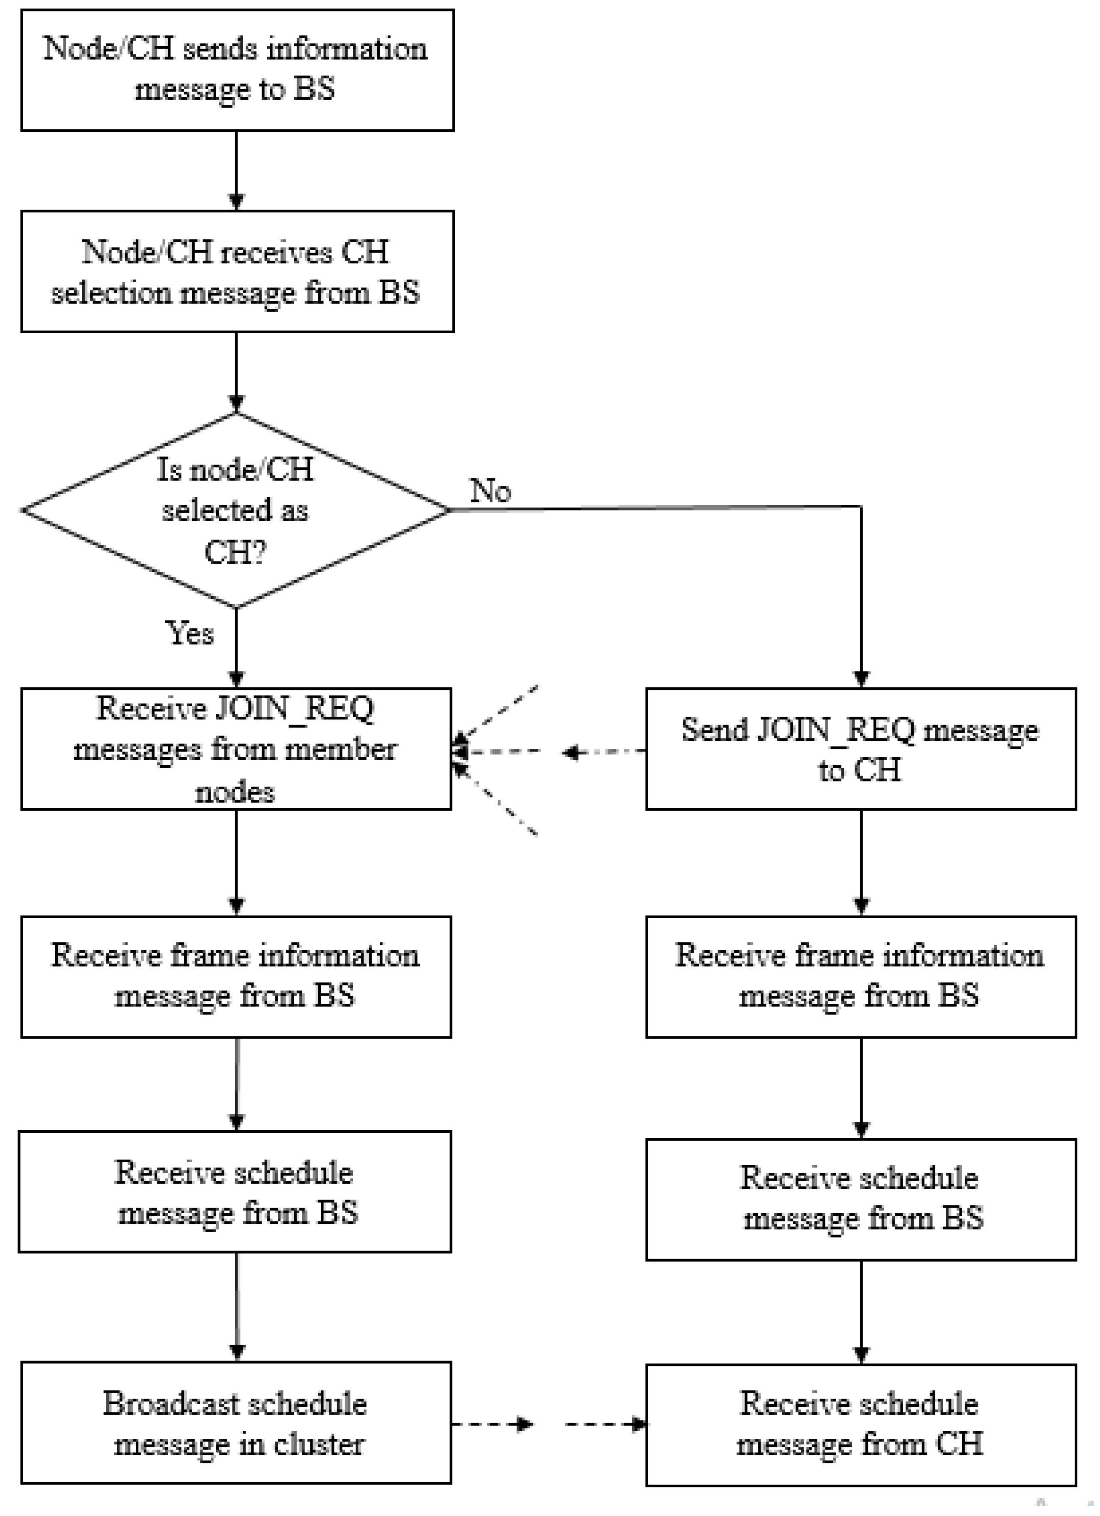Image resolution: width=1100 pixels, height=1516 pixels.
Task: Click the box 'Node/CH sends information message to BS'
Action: pyautogui.click(x=237, y=70)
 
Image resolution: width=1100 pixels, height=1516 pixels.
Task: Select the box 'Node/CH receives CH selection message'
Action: pyautogui.click(x=237, y=272)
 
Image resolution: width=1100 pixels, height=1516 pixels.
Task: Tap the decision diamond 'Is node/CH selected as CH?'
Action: pyautogui.click(x=235, y=510)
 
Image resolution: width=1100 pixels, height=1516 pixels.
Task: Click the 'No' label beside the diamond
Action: pyautogui.click(x=491, y=491)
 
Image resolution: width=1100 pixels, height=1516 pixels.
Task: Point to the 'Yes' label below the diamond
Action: pyautogui.click(x=190, y=633)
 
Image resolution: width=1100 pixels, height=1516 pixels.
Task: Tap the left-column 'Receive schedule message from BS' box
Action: pyautogui.click(x=235, y=1192)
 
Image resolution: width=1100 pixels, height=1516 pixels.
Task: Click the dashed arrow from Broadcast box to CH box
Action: pyautogui.click(x=548, y=1424)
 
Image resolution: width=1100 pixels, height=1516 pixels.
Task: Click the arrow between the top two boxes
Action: pyautogui.click(x=236, y=170)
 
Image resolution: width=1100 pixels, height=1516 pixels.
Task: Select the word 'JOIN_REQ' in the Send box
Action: pyautogui.click(x=835, y=729)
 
